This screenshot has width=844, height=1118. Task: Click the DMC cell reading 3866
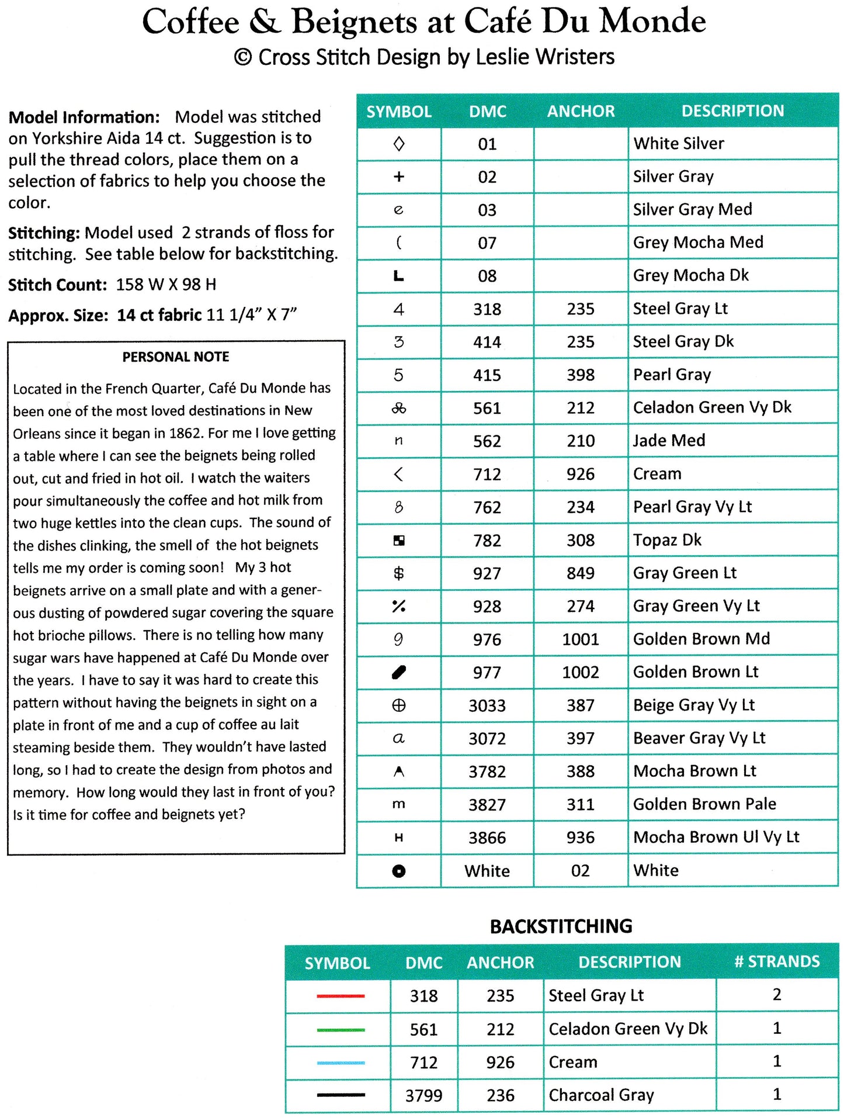487,838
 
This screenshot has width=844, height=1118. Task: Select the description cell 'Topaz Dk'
667,540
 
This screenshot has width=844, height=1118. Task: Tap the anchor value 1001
580,639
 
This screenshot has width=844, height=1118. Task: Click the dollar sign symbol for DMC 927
398,573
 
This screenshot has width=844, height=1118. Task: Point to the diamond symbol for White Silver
399,144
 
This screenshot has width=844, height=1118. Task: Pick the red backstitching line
341,996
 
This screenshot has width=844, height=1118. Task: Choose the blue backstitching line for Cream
341,1062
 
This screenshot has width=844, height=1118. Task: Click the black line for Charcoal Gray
341,1095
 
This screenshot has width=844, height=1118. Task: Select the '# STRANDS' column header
777,962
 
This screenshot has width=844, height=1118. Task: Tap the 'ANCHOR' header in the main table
581,111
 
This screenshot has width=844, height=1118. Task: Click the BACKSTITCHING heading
561,926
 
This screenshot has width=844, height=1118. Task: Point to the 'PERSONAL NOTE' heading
176,357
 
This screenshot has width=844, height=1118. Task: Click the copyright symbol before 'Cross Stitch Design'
243,57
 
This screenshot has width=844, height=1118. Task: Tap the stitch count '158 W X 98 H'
166,285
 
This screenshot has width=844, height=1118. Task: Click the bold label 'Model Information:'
84,117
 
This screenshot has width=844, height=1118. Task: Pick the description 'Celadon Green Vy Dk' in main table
712,407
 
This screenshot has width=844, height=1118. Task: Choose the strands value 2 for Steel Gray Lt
777,995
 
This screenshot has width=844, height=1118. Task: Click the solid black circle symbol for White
398,871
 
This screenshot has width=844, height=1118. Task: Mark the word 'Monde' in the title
652,22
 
